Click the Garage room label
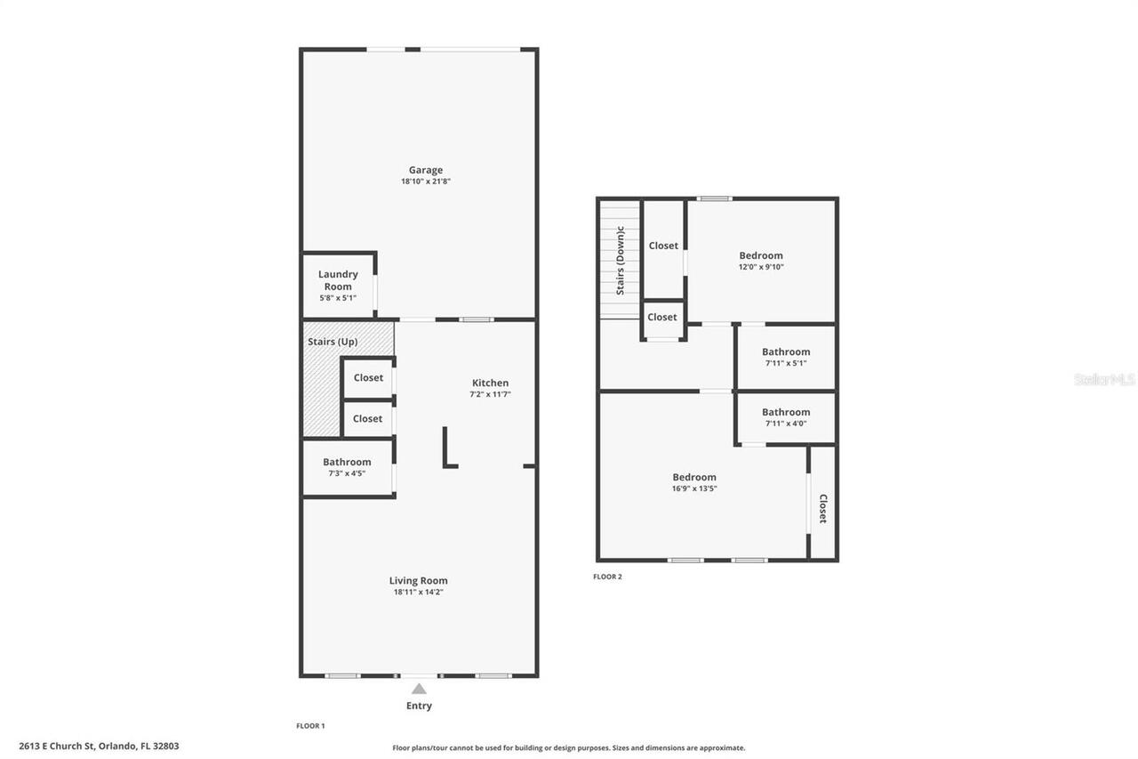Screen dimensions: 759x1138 (425, 170)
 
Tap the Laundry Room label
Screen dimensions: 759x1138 (338, 280)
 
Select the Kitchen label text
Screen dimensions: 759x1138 (490, 383)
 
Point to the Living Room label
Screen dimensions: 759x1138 (418, 580)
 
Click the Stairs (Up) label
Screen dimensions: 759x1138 (333, 342)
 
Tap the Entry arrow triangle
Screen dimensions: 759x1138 (419, 688)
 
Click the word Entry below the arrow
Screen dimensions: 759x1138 (419, 706)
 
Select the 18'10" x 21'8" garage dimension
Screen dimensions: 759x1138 (425, 182)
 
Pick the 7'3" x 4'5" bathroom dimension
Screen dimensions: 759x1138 (347, 473)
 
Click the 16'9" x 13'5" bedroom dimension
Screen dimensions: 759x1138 (694, 489)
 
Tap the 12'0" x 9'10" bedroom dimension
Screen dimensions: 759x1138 (761, 267)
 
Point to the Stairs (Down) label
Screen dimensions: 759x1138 (621, 261)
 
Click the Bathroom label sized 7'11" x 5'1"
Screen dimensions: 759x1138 (786, 351)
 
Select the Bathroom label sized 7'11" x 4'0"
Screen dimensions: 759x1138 (786, 412)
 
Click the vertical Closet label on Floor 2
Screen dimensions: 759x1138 (822, 508)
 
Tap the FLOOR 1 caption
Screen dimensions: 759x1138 (310, 726)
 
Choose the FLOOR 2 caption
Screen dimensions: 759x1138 (607, 577)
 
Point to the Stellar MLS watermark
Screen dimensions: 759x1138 (1104, 379)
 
